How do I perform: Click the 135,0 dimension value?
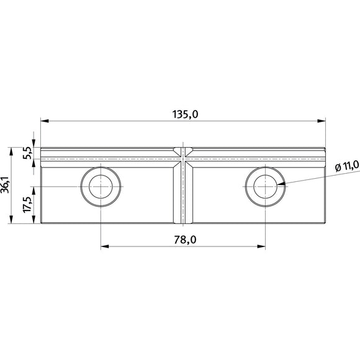[x=185, y=114]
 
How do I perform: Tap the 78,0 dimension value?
[x=185, y=240]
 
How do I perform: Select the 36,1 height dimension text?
[x=5, y=185]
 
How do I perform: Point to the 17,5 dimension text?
[x=27, y=204]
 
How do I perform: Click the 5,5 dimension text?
[x=27, y=153]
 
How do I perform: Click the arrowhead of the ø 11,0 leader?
[x=281, y=184]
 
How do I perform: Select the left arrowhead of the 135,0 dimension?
[x=45, y=121]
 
